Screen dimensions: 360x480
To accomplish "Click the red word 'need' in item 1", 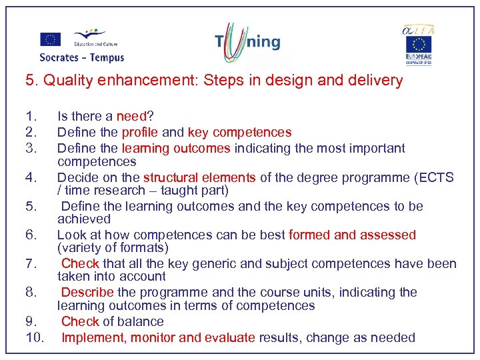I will pyautogui.click(x=131, y=116).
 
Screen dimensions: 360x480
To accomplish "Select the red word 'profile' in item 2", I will pyautogui.click(x=140, y=132).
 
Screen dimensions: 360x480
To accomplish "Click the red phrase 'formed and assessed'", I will pyautogui.click(x=352, y=235).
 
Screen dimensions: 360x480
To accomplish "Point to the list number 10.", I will pyautogui.click(x=34, y=337).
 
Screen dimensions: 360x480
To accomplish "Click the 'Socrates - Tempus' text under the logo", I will pyautogui.click(x=82, y=58).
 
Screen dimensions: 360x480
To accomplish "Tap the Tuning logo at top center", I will pyautogui.click(x=247, y=43).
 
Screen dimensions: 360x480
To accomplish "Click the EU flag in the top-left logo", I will pyautogui.click(x=51, y=39).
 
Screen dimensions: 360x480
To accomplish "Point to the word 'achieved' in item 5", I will pyautogui.click(x=84, y=219).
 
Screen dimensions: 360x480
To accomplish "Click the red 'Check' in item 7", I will pyautogui.click(x=79, y=263).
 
